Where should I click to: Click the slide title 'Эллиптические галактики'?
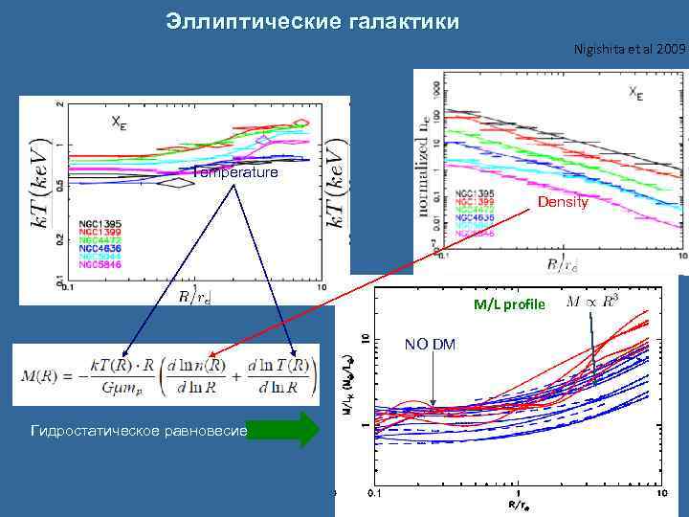point(312,20)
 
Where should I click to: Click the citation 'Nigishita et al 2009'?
point(630,48)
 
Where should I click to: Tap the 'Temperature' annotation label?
point(235,173)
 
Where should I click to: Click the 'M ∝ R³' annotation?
point(593,303)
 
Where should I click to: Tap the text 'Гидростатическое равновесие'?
point(140,431)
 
